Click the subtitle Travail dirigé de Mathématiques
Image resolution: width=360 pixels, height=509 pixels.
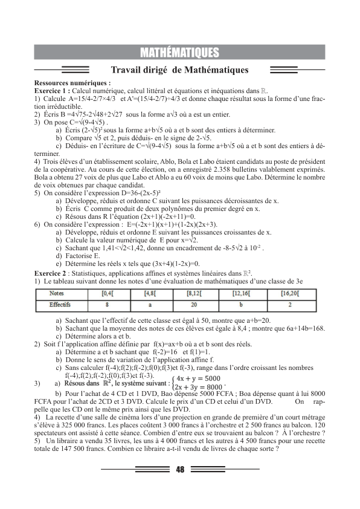coord(180,70)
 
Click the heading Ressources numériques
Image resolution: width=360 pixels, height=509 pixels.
coord(72,83)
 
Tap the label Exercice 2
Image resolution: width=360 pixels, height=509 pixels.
coord(54,273)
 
